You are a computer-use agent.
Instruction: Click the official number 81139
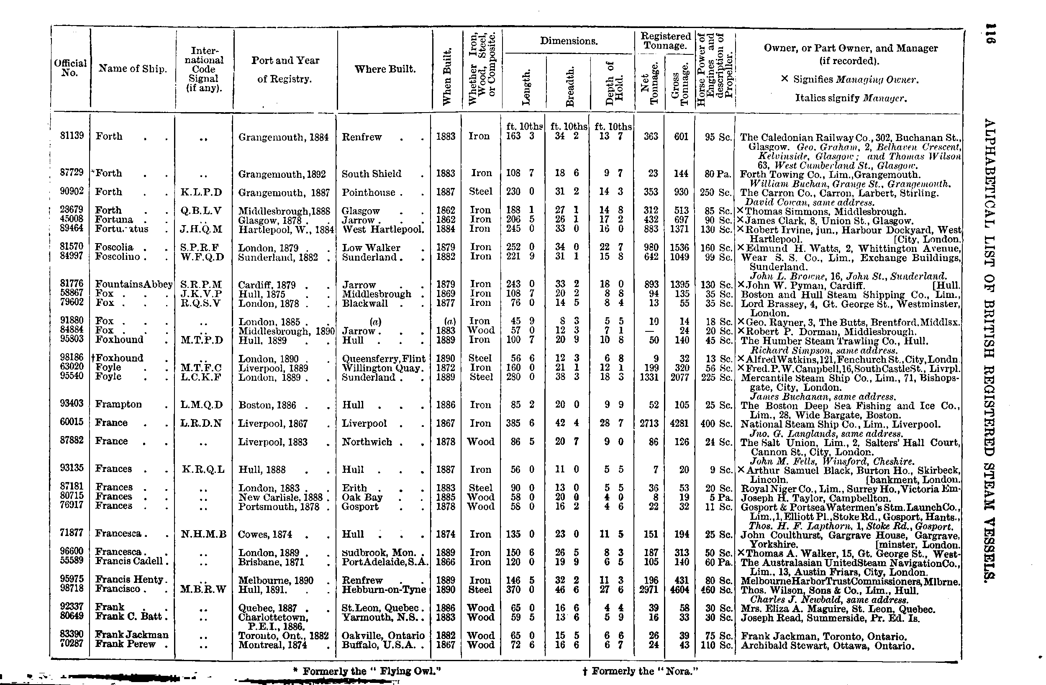pyautogui.click(x=72, y=136)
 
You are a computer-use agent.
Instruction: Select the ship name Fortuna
pyautogui.click(x=114, y=219)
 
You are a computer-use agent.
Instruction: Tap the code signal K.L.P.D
pyautogui.click(x=201, y=192)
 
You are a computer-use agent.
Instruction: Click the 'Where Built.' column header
pyautogui.click(x=385, y=69)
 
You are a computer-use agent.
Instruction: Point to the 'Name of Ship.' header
pyautogui.click(x=133, y=69)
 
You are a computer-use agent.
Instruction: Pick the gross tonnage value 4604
pyautogui.click(x=679, y=589)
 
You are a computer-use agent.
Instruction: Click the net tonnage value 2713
pyautogui.click(x=649, y=423)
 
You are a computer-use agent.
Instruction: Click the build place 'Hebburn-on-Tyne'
pyautogui.click(x=384, y=589)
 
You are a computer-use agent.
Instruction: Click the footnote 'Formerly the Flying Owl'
pyautogui.click(x=367, y=671)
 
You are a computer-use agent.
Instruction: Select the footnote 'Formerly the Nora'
pyautogui.click(x=640, y=671)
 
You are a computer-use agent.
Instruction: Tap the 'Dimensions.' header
pyautogui.click(x=569, y=41)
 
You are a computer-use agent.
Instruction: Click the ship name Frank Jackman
pyautogui.click(x=132, y=635)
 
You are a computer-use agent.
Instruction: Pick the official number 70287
pyautogui.click(x=72, y=644)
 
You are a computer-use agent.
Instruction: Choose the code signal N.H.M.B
pyautogui.click(x=203, y=534)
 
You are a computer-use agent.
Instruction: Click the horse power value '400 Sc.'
pyautogui.click(x=716, y=423)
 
